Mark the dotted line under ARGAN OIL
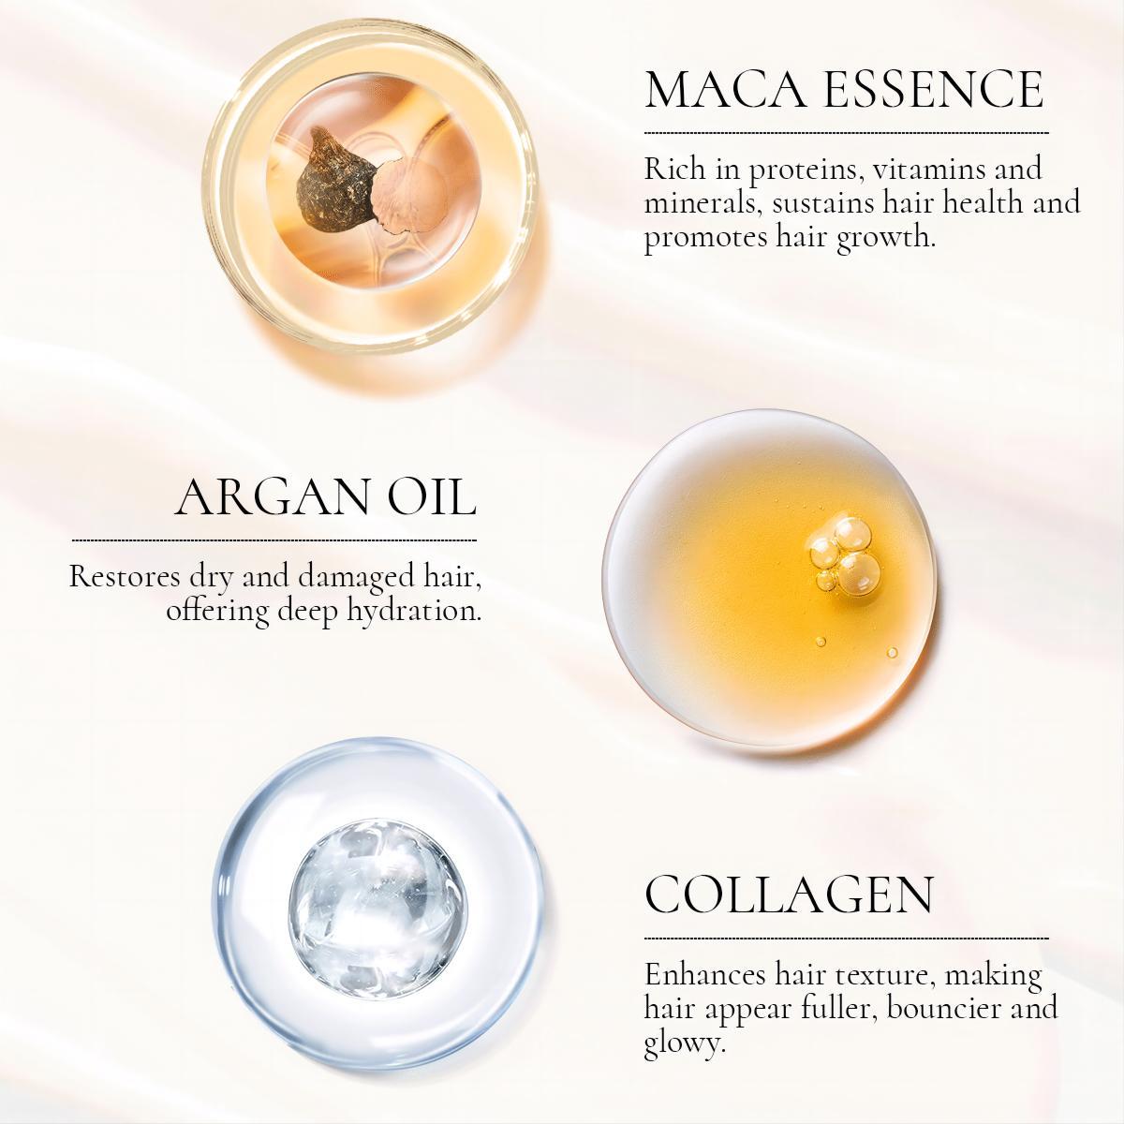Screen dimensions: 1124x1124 (x=274, y=540)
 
